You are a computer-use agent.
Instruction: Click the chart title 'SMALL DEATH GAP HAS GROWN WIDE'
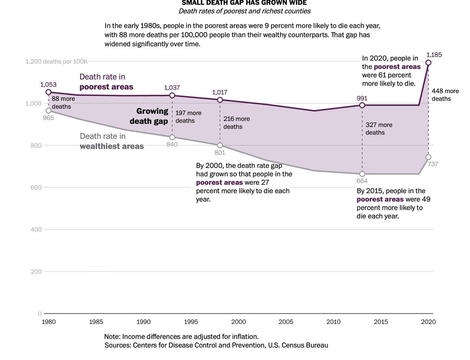pyautogui.click(x=244, y=3)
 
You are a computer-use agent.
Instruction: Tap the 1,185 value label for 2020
pyautogui.click(x=434, y=55)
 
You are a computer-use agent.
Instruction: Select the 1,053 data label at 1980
pyautogui.click(x=48, y=84)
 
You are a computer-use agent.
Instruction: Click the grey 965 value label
pyautogui.click(x=48, y=118)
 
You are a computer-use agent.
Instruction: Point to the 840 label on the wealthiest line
pyautogui.click(x=172, y=145)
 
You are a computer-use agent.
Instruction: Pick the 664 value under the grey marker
pyautogui.click(x=362, y=181)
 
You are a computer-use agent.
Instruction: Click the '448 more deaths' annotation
pyautogui.click(x=445, y=95)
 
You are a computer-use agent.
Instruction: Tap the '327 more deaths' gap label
pyautogui.click(x=378, y=129)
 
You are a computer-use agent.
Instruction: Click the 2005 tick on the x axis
pyautogui.click(x=286, y=322)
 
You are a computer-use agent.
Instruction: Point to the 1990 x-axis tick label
pyautogui.click(x=144, y=322)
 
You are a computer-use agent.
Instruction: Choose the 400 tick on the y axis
pyautogui.click(x=36, y=229)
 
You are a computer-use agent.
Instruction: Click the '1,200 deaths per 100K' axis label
pyautogui.click(x=56, y=61)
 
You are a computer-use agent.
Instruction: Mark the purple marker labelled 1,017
pyautogui.click(x=220, y=100)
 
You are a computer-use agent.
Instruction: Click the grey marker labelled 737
pyautogui.click(x=428, y=157)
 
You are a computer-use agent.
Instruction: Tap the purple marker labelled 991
pyautogui.click(x=362, y=105)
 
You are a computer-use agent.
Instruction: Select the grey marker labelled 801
pyautogui.click(x=220, y=145)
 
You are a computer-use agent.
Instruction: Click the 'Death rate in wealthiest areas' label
pyautogui.click(x=111, y=141)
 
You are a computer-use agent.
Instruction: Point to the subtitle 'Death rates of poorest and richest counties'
pyautogui.click(x=244, y=11)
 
